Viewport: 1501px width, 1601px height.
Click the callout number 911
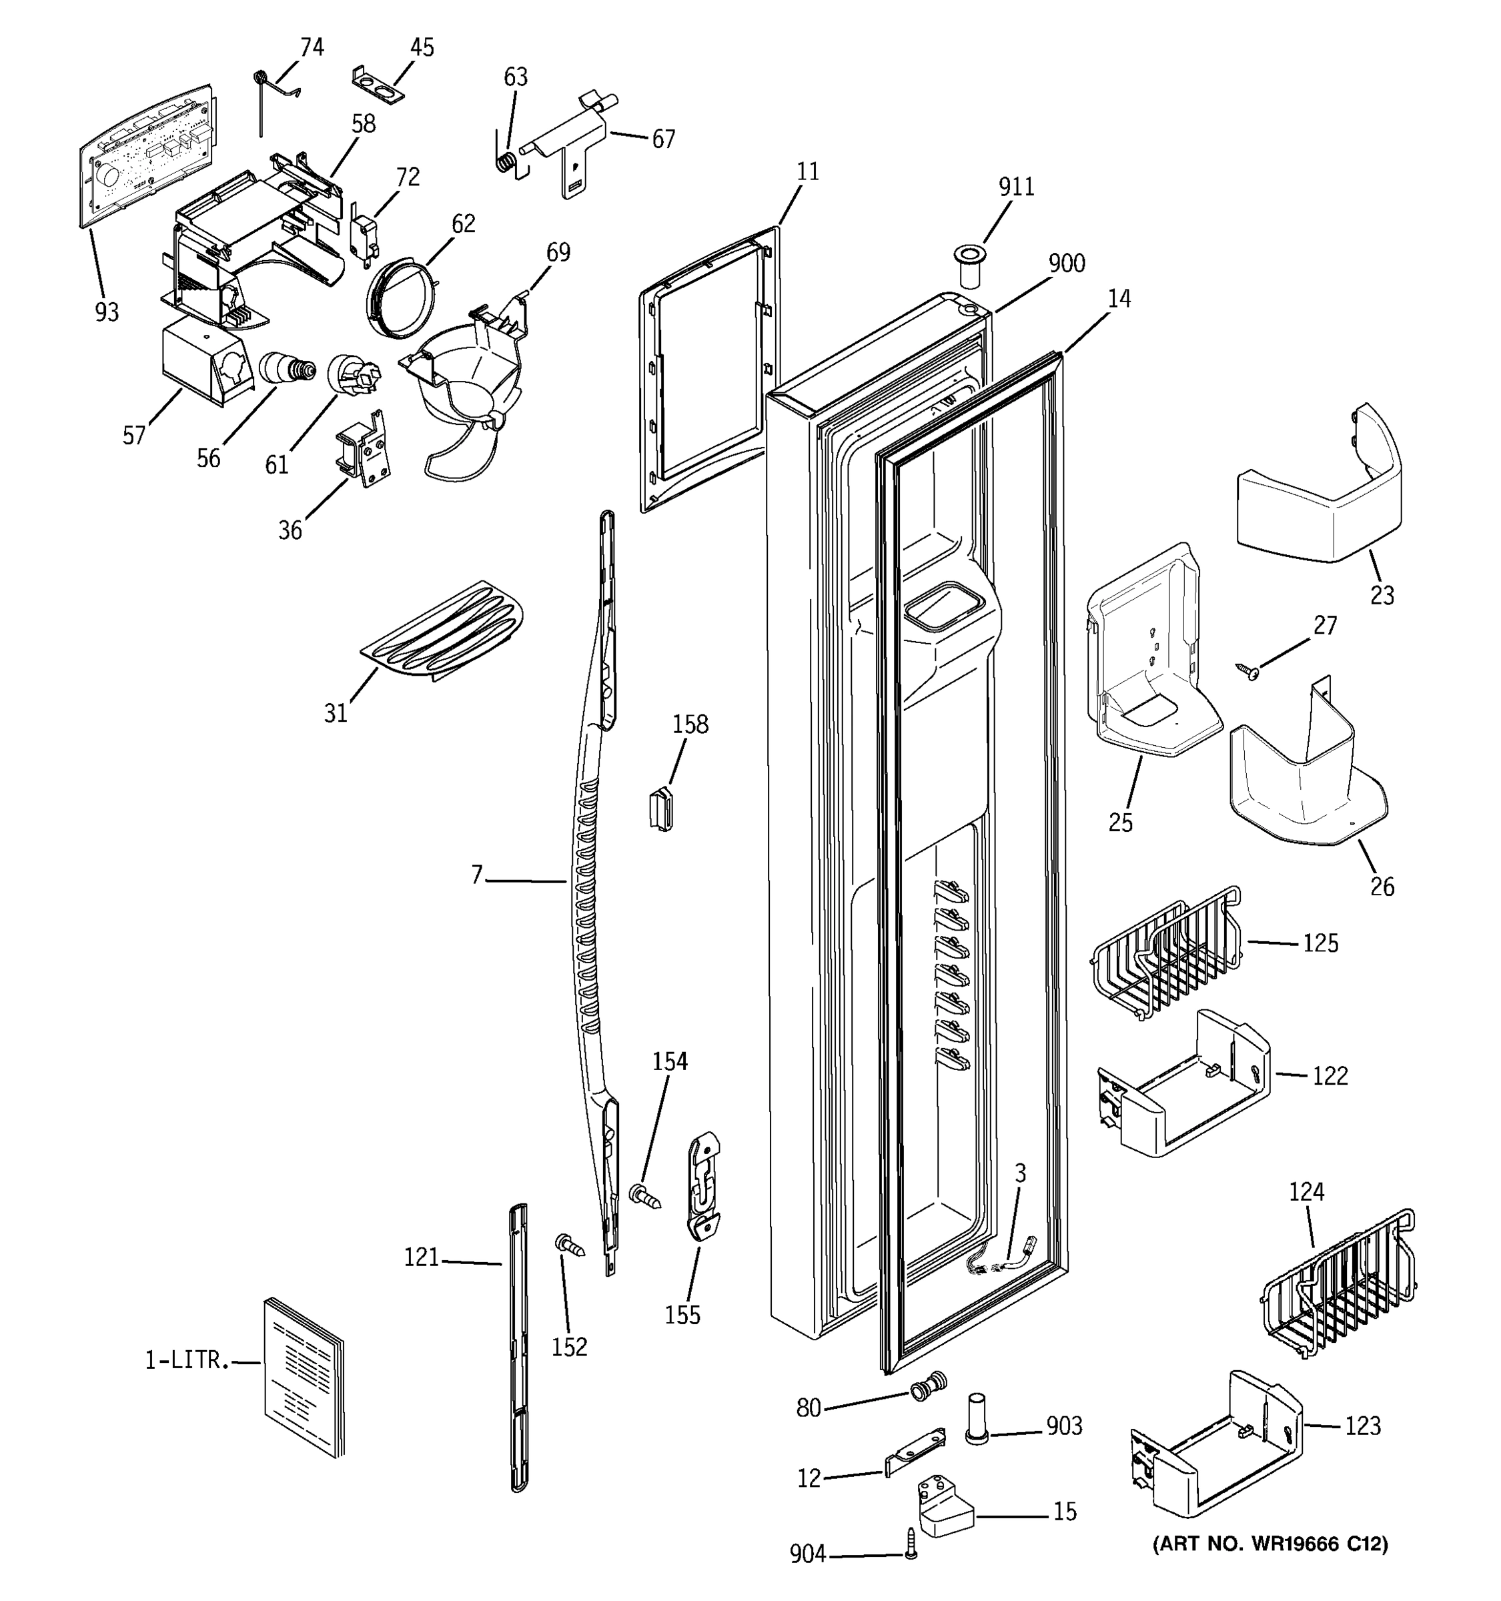click(1015, 187)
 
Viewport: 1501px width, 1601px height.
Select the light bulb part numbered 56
click(288, 370)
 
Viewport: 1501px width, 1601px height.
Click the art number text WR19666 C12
click(1270, 1544)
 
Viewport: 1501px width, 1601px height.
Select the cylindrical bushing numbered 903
click(976, 1418)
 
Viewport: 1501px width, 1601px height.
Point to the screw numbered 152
click(570, 1246)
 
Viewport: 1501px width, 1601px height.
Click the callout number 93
click(106, 312)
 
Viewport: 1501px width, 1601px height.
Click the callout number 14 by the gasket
click(1119, 299)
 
